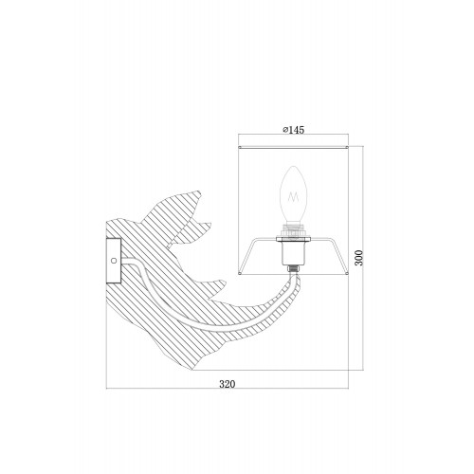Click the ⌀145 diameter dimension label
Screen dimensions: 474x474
294,130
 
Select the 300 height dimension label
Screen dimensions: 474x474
359,258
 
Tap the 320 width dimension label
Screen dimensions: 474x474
228,384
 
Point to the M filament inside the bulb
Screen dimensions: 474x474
293,198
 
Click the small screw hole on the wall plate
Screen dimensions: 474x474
114,261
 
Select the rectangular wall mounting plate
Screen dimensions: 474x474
114,261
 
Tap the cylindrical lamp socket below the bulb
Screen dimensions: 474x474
293,253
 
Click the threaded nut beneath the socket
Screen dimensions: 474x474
293,269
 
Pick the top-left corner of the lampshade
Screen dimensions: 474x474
240,147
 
